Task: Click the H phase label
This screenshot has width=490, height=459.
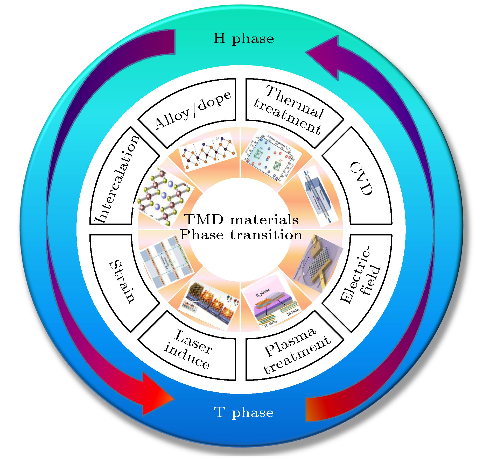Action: (x=244, y=39)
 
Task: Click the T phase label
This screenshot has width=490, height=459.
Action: (x=244, y=412)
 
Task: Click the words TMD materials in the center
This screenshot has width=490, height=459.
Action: (x=241, y=220)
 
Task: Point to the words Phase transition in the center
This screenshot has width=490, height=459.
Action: (x=241, y=235)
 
